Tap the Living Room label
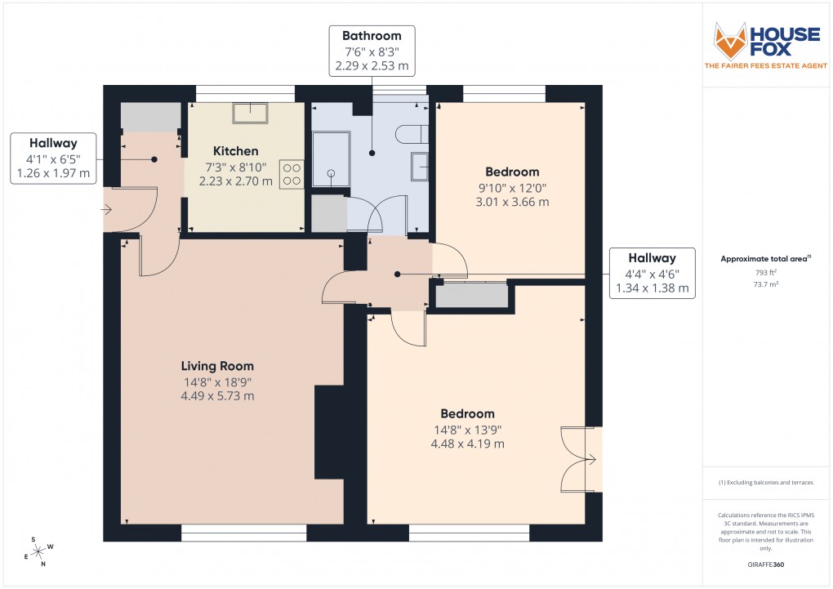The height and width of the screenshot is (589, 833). click(217, 366)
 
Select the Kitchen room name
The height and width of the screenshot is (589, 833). click(236, 151)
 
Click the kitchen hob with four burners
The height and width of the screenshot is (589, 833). click(292, 174)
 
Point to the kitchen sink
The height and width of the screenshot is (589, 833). click(249, 113)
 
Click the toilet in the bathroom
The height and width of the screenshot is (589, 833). click(412, 133)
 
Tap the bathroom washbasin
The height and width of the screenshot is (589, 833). click(420, 166)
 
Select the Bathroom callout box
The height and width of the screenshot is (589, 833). click(372, 51)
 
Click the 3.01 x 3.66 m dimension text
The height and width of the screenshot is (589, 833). click(512, 202)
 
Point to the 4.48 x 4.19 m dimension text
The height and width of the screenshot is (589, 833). click(467, 444)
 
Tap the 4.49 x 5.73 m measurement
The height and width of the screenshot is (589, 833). click(217, 396)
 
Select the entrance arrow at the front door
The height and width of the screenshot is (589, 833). click(106, 210)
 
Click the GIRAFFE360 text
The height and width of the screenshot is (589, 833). click(766, 564)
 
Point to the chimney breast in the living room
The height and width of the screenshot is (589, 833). click(328, 431)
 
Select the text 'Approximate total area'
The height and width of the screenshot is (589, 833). click(764, 259)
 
